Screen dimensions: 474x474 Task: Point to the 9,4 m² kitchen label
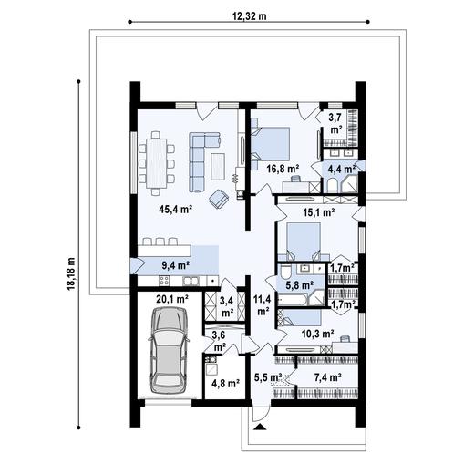[x=174, y=265]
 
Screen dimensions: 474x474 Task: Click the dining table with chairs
[x=161, y=161]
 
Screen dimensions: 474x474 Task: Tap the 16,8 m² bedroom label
[x=283, y=168]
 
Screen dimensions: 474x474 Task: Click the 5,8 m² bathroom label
[x=299, y=284]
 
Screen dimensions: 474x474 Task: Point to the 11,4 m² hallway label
[x=262, y=304]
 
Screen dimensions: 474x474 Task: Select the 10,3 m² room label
[x=318, y=334]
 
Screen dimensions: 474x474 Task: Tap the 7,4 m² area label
[x=327, y=376]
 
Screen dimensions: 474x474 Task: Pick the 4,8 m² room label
[x=225, y=383]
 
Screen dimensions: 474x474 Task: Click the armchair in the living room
[x=220, y=197]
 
